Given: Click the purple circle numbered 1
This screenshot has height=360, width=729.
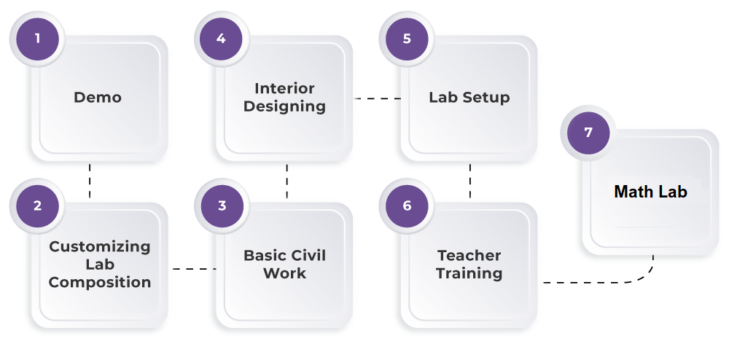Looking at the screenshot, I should (x=37, y=39).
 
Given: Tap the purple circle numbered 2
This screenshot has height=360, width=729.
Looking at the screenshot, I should (x=37, y=206).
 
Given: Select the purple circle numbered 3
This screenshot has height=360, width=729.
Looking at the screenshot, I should (x=222, y=206).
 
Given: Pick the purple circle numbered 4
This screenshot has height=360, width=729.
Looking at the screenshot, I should (x=222, y=39).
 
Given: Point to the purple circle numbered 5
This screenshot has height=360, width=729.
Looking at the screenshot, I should (x=407, y=39).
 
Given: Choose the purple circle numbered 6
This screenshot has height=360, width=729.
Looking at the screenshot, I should (x=407, y=206).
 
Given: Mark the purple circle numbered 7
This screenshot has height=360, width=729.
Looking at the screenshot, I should (x=588, y=133).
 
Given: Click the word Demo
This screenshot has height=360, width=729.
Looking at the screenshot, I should (x=98, y=98).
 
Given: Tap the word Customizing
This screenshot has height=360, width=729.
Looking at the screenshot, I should (x=100, y=247).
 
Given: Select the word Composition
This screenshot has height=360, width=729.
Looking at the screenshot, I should (x=100, y=282).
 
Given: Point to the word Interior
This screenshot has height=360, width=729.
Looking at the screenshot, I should (x=284, y=89).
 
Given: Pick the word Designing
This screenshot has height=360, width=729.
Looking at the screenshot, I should (x=284, y=106).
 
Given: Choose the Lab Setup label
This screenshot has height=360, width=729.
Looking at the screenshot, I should (x=469, y=98).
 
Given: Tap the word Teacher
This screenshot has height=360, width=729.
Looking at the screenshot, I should (x=469, y=256).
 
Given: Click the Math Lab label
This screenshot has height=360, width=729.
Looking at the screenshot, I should (x=650, y=192).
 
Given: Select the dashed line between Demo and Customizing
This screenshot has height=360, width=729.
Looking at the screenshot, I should (x=90, y=181).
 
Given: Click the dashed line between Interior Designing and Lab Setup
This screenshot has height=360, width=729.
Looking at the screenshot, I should (x=377, y=98).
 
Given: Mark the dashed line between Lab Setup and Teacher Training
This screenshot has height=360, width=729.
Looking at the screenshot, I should (x=470, y=181).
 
